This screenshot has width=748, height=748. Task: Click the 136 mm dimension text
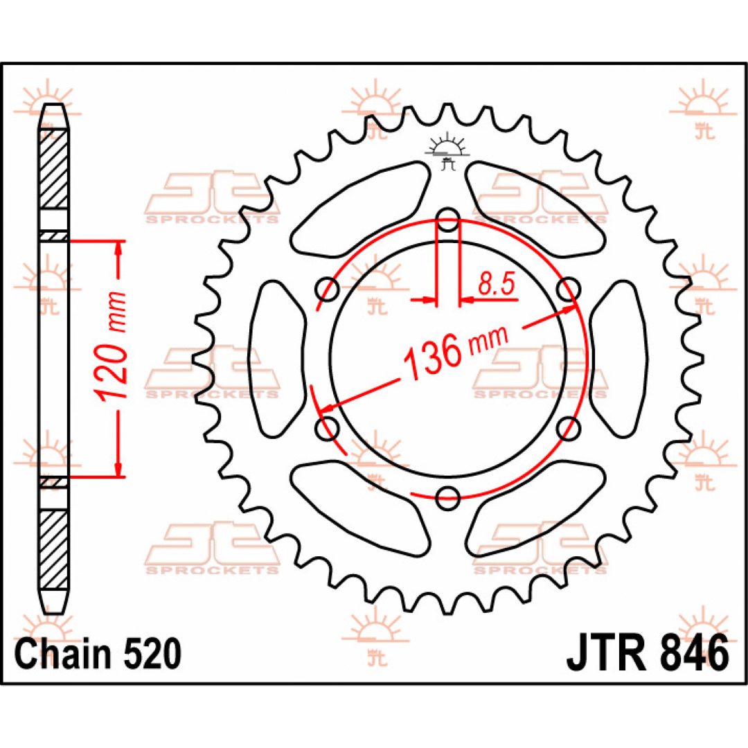[x=456, y=350]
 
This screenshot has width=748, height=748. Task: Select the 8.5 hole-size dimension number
[x=496, y=285]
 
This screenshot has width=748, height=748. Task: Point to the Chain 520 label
[x=99, y=653]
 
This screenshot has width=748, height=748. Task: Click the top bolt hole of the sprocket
[x=448, y=220]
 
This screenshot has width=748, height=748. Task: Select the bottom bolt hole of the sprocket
[x=448, y=499]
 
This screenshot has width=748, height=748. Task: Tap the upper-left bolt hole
[x=327, y=289]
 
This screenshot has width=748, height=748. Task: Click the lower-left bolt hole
[x=327, y=429]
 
